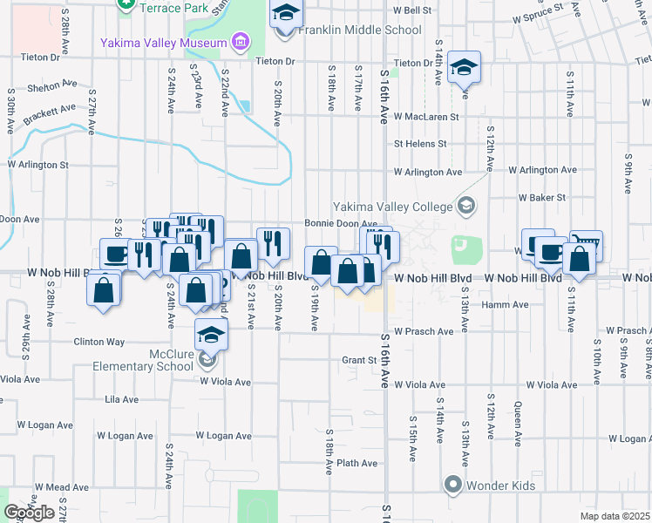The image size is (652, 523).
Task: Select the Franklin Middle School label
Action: (x=360, y=29)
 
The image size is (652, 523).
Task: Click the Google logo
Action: (x=30, y=513)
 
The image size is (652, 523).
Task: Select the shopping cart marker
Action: (x=586, y=246)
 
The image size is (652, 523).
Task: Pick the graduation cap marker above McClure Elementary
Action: (x=210, y=333)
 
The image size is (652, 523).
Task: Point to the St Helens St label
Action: (x=420, y=144)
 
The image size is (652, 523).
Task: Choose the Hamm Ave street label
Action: (x=510, y=305)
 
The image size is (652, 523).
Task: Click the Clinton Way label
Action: (x=99, y=342)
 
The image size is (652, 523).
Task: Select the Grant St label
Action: (x=357, y=359)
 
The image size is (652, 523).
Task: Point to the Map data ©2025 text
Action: (x=615, y=516)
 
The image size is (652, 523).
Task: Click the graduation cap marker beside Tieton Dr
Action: (x=464, y=67)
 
